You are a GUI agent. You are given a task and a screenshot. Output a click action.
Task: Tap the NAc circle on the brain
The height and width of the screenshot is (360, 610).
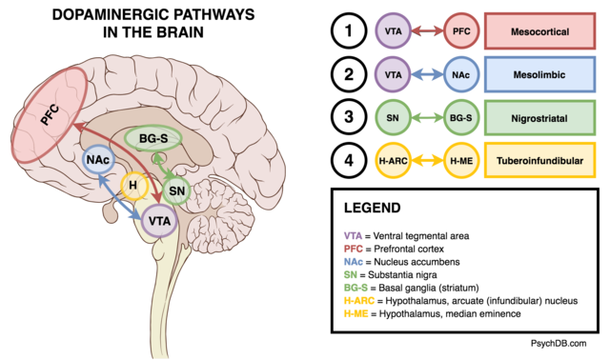[98, 161]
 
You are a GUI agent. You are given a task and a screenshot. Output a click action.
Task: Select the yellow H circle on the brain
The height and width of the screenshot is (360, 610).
[134, 184]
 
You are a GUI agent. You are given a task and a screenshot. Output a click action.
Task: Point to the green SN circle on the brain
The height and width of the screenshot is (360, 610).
[177, 190]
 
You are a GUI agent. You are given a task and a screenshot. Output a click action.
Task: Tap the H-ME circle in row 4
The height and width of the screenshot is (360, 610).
[459, 162]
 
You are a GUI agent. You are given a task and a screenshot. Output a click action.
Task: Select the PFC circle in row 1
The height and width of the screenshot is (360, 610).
[459, 31]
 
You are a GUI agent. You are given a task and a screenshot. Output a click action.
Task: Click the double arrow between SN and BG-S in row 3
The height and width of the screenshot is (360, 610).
[427, 118]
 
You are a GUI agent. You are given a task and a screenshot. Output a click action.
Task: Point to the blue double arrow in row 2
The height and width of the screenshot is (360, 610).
[427, 74]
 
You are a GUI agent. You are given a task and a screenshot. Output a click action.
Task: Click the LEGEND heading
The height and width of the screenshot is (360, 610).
[374, 207]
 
